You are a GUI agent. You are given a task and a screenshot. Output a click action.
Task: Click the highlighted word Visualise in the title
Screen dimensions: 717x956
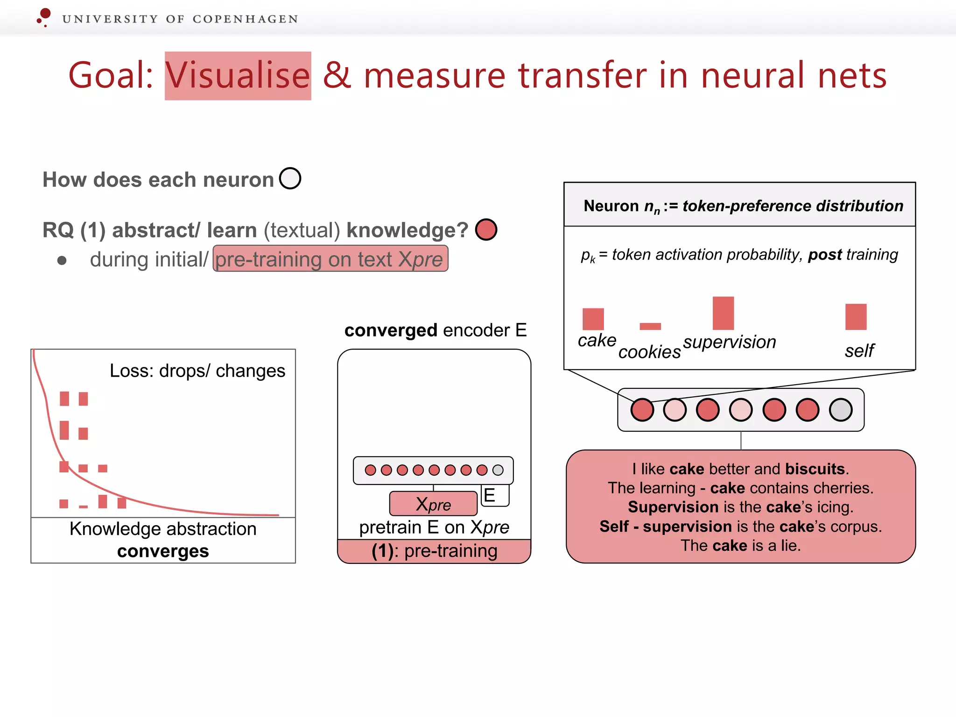pos(238,76)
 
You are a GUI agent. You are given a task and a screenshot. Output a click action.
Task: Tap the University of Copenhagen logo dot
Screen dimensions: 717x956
pos(45,14)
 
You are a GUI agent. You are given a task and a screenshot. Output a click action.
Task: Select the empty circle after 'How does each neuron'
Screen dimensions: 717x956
pos(290,178)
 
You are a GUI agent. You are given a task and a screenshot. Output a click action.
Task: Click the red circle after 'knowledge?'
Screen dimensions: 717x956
pos(486,230)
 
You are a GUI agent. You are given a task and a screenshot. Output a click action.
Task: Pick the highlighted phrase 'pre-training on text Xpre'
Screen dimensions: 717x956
pos(330,259)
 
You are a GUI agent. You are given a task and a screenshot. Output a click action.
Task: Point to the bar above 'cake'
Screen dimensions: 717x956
pos(593,319)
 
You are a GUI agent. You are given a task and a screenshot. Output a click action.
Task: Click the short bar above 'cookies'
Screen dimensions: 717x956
pos(650,326)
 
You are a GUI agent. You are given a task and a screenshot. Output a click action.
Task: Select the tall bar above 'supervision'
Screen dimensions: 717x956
pos(723,313)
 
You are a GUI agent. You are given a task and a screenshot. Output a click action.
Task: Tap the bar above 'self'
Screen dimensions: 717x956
pos(856,317)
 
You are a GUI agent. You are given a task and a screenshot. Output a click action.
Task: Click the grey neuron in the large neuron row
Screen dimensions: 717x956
pos(841,410)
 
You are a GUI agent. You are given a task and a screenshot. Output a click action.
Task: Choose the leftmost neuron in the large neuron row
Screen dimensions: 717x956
pos(642,410)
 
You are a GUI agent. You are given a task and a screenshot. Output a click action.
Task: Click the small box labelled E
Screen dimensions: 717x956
pos(494,496)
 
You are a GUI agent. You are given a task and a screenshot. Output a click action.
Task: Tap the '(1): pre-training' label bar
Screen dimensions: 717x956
pos(434,551)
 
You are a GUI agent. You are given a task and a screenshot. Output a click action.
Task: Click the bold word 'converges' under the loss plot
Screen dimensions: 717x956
pos(163,551)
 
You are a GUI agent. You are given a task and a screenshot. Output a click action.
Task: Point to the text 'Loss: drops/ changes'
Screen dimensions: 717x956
pos(197,371)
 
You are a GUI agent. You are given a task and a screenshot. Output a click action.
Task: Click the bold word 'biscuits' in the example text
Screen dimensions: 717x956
pos(815,469)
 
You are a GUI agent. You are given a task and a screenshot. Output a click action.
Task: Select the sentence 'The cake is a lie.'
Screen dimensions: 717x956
pos(740,545)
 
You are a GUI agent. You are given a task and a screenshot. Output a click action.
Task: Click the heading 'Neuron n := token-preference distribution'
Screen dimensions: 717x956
pos(743,206)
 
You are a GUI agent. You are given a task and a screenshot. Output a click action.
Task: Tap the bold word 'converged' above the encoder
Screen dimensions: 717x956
pos(391,330)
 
